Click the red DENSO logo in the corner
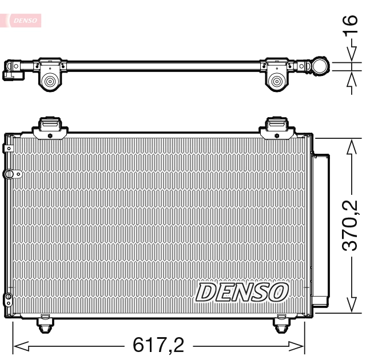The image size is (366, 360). pyautogui.click(x=23, y=21)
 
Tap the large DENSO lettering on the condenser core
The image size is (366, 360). pyautogui.click(x=241, y=292)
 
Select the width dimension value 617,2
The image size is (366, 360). pyautogui.click(x=158, y=345)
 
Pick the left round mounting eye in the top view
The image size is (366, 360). pyautogui.click(x=50, y=81)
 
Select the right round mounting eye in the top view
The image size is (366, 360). pyautogui.click(x=278, y=81)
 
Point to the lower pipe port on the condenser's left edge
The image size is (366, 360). pyautogui.click(x=8, y=297)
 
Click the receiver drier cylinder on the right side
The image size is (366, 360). pyautogui.click(x=321, y=229)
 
